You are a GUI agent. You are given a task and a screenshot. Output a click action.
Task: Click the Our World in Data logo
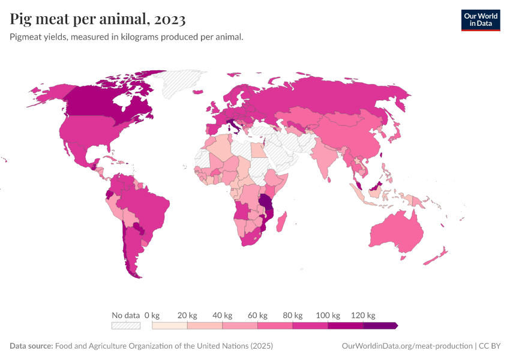(x=480, y=20)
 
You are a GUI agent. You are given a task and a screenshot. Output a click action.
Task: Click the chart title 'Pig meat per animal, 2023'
(x=98, y=19)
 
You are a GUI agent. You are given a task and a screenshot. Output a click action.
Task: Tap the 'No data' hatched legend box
(x=125, y=326)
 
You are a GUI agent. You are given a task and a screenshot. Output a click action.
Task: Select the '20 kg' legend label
(x=187, y=315)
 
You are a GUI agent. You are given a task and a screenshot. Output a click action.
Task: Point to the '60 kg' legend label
(x=257, y=315)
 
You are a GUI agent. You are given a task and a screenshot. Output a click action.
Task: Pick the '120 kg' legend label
(x=363, y=315)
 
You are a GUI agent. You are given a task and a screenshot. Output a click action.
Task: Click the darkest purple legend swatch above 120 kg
(x=380, y=326)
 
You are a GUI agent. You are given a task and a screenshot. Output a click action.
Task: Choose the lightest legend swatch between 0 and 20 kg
(x=170, y=326)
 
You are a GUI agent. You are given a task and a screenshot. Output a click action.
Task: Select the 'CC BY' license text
(x=489, y=346)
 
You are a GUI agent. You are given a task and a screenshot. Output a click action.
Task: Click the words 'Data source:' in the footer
(x=31, y=346)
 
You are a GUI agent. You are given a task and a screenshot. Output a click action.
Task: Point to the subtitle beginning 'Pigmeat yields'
(x=126, y=37)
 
